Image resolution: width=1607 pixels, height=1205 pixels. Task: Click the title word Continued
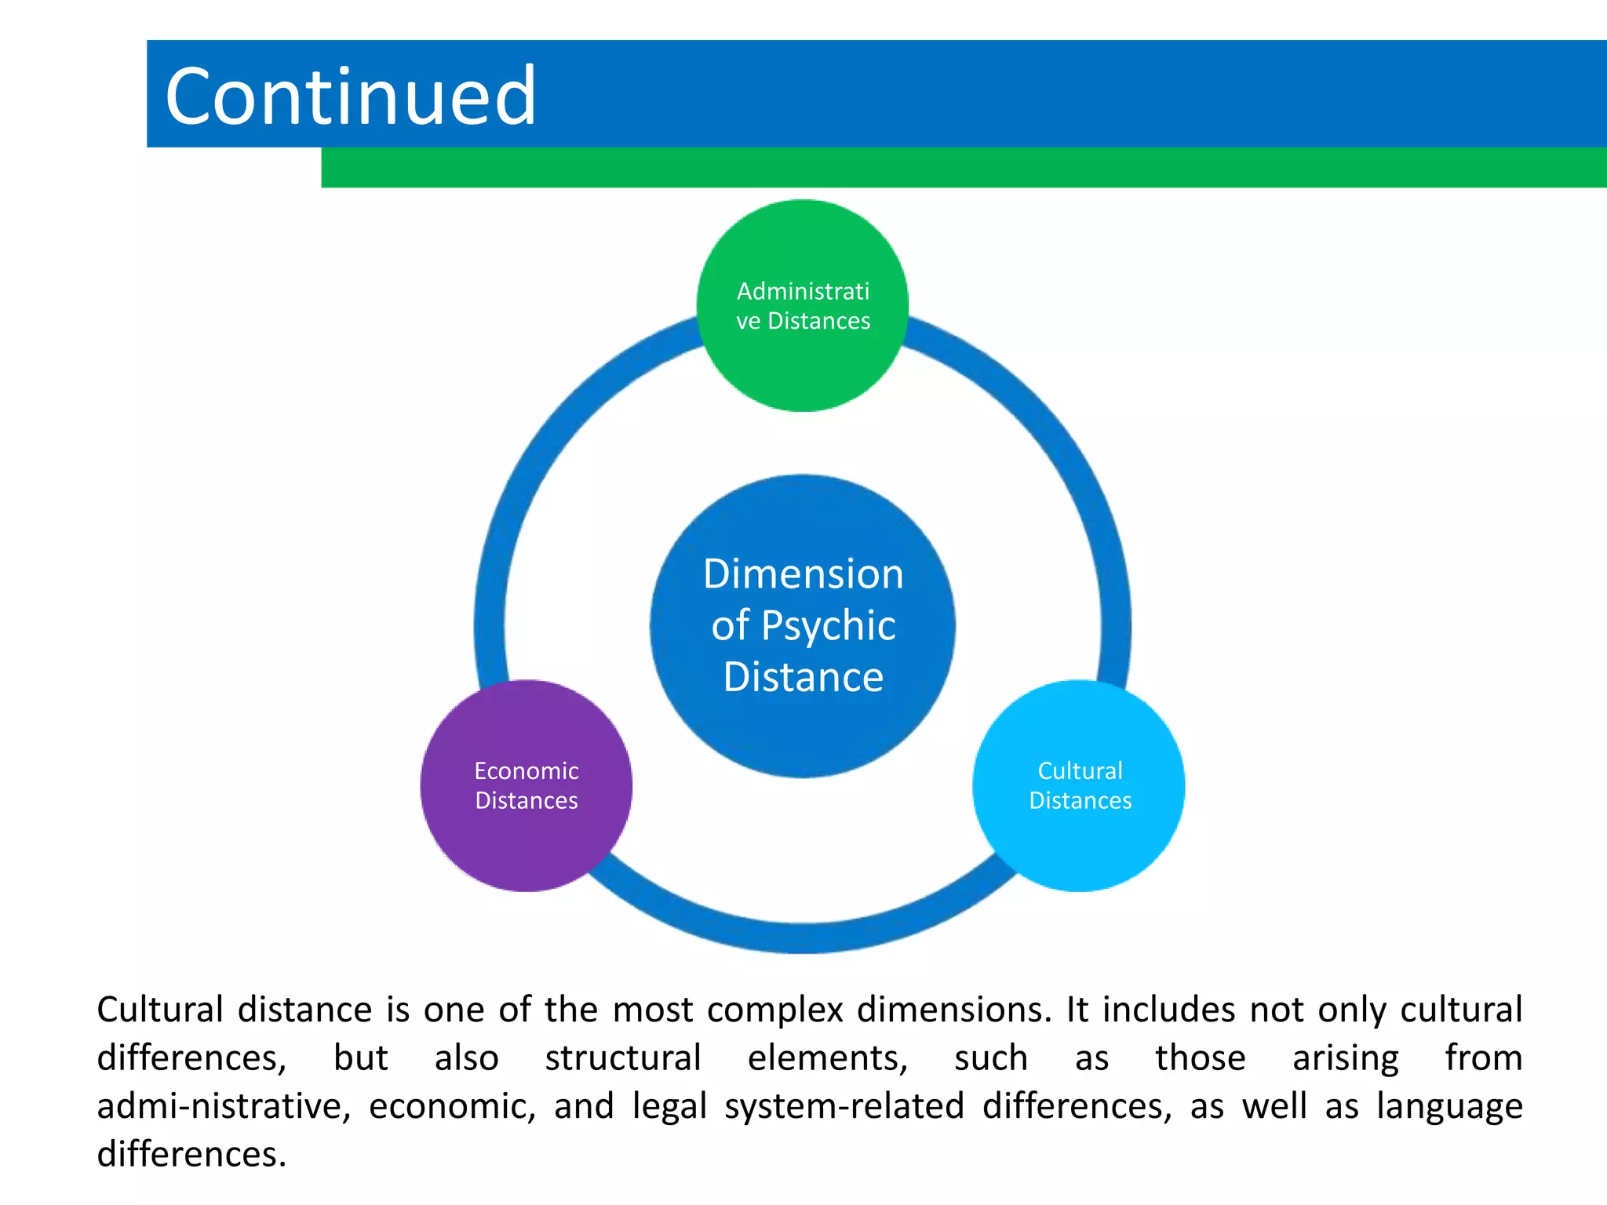coord(351,96)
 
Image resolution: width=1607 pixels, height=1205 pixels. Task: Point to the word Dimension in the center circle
coord(803,573)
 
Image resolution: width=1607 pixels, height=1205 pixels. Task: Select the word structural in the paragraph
coord(623,1058)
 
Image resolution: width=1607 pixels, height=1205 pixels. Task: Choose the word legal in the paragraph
coord(669,1106)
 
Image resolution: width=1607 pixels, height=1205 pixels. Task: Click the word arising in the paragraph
coord(1345,1058)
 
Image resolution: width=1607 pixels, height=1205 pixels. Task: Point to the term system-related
coord(844,1106)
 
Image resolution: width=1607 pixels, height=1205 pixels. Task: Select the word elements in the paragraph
coord(827,1058)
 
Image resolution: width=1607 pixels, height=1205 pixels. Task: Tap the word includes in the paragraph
coord(1168,1010)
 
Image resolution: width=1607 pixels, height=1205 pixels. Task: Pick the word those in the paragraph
coord(1200,1058)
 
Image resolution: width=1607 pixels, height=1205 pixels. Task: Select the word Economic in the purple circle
coord(526,771)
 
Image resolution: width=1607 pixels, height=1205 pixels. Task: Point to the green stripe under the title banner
coord(964,168)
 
